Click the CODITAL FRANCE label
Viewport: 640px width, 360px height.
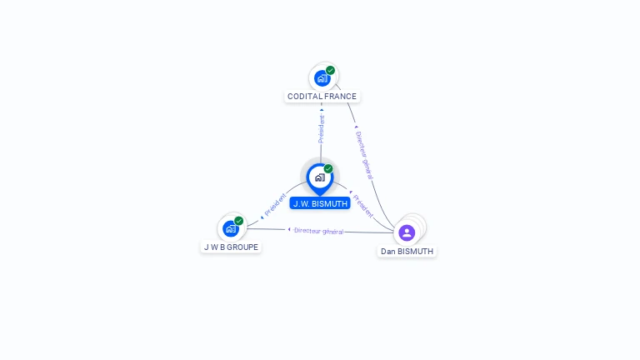[322, 97]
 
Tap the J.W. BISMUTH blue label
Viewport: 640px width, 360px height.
[320, 203]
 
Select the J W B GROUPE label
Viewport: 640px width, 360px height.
[231, 247]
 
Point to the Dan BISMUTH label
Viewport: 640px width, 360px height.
[407, 251]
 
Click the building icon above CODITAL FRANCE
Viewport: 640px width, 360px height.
[322, 78]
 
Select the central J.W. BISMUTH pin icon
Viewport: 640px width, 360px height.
[319, 177]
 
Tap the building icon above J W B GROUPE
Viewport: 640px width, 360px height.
[230, 228]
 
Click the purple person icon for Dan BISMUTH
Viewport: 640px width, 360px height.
[407, 232]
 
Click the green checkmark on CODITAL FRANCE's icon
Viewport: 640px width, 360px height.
[331, 71]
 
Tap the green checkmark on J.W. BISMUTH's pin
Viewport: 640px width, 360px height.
[328, 169]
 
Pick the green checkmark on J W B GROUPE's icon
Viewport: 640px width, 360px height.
[239, 221]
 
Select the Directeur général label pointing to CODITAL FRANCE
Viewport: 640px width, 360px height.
[363, 154]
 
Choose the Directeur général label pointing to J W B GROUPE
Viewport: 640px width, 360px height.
[318, 231]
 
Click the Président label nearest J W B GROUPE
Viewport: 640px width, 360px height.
[275, 206]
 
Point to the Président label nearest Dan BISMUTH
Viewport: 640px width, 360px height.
[363, 206]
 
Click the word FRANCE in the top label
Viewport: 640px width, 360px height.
[341, 97]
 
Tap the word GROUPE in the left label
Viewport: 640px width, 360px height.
[242, 247]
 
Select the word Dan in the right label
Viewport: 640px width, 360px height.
[388, 251]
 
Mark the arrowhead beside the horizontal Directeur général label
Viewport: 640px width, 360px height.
[289, 229]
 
